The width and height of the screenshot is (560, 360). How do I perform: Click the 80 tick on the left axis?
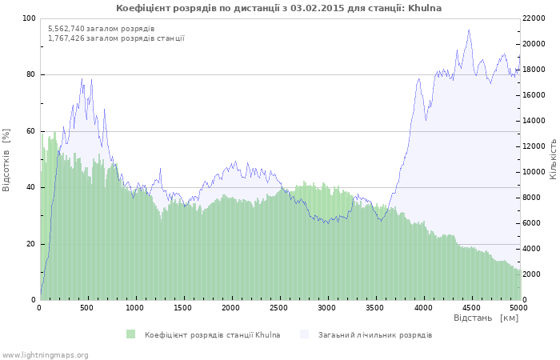(31, 74)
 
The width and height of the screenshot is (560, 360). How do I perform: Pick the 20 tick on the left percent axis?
(31, 244)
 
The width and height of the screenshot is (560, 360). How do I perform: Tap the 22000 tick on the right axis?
(534, 18)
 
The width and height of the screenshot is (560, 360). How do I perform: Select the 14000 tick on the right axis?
(534, 121)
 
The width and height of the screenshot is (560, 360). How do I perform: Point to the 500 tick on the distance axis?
(88, 307)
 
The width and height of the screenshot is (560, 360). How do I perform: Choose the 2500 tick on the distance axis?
(279, 307)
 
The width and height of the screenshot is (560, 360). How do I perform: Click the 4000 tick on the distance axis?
(422, 307)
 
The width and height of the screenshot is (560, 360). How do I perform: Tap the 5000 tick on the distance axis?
(518, 307)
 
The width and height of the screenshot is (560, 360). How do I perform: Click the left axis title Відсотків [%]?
(6, 159)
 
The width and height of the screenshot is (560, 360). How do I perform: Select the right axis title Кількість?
(553, 158)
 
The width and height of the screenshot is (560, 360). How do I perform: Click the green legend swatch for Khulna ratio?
(130, 334)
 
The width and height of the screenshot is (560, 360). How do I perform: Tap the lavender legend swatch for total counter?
(304, 334)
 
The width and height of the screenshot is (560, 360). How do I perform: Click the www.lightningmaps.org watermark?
(45, 354)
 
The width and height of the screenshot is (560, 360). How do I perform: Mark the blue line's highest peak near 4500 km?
(469, 30)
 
